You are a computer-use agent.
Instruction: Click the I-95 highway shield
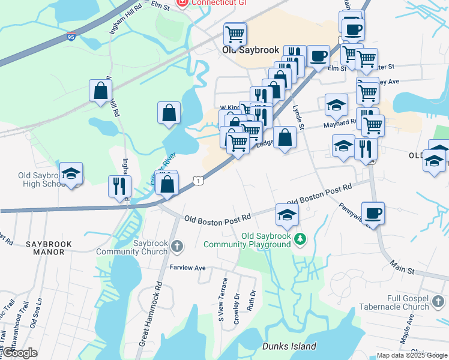pyautogui.click(x=71, y=38)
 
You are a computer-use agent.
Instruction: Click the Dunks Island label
pyautogui.click(x=289, y=346)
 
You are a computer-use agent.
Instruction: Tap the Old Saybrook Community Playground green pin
pyautogui.click(x=300, y=239)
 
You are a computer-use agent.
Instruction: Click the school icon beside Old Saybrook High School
pyautogui.click(x=71, y=173)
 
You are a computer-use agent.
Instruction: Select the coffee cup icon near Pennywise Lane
pyautogui.click(x=373, y=213)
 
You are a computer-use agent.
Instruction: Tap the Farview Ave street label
pyautogui.click(x=187, y=268)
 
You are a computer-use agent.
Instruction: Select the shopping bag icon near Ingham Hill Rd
pyautogui.click(x=100, y=91)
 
